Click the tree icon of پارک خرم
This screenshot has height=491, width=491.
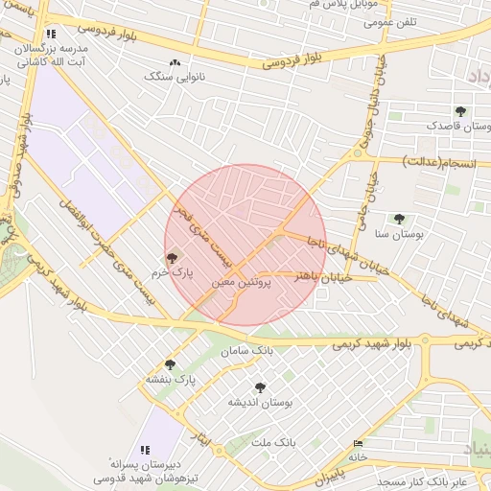172,257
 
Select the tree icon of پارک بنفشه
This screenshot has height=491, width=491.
170,364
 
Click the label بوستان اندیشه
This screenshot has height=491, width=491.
259,402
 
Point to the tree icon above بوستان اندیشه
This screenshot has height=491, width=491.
259,387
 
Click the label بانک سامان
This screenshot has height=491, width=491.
241,352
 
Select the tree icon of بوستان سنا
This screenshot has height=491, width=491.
399,220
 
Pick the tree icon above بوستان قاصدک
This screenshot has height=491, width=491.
460,111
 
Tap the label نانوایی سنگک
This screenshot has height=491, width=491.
175,76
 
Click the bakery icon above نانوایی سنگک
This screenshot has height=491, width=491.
175,62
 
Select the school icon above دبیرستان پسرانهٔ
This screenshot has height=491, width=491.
145,449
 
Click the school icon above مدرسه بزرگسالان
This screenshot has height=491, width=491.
51,33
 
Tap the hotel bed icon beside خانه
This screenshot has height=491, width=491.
359,444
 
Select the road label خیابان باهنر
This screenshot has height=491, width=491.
324,277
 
